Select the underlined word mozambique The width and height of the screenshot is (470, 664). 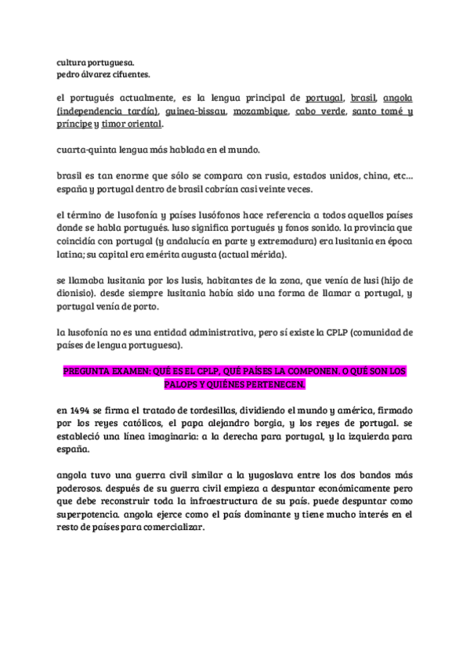(258, 112)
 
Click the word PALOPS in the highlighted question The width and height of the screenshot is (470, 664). (183, 386)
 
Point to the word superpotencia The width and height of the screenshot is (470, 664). (89, 514)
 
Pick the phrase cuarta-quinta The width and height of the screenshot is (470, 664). (85, 150)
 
